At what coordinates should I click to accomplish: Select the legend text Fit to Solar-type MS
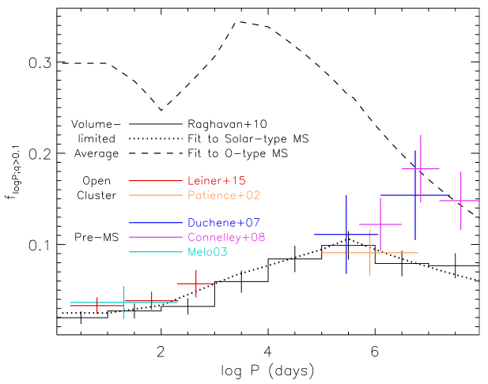248,138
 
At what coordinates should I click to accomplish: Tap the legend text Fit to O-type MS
236,153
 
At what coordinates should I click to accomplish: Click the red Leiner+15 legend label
214,180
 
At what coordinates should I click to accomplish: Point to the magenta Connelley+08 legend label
227,237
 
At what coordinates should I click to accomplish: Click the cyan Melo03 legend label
207,251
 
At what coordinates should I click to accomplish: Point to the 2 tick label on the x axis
161,352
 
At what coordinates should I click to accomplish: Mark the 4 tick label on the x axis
268,352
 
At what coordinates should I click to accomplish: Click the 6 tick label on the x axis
374,352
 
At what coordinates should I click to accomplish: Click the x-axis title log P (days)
268,370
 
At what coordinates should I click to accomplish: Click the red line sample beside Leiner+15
153,180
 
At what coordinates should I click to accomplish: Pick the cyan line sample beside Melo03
153,251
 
